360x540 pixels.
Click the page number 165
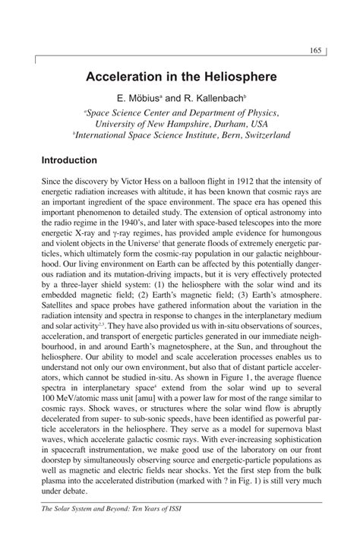coord(317,51)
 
